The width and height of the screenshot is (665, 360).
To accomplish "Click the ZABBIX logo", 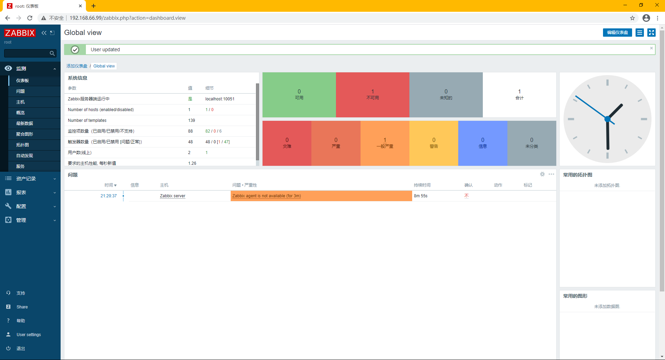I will (x=20, y=33).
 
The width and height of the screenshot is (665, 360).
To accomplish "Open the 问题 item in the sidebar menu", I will (x=20, y=91).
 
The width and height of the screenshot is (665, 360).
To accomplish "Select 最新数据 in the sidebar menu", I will (x=25, y=124).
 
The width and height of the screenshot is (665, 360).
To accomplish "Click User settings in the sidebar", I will (x=28, y=335).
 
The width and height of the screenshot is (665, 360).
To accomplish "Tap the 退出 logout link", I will (x=20, y=349).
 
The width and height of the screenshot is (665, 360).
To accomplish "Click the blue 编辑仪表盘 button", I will (x=617, y=33).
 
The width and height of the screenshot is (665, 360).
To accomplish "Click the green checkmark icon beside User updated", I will (x=75, y=49).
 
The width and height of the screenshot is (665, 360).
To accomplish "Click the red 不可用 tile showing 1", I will (x=372, y=94).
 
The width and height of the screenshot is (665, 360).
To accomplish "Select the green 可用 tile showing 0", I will (x=299, y=94).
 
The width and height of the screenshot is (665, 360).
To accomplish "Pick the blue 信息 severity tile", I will (x=482, y=143).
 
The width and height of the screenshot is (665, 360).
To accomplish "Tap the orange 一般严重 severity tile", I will (x=385, y=143).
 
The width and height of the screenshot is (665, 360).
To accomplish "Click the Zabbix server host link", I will (x=172, y=196).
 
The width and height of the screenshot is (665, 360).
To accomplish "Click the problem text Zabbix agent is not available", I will (x=266, y=196).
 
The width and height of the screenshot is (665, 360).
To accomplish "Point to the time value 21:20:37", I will (x=108, y=196).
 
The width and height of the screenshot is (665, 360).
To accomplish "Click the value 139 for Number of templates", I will (x=192, y=120).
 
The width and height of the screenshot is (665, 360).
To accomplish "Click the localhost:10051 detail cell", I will (x=220, y=99).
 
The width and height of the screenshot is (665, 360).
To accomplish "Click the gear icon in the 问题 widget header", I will (x=542, y=174).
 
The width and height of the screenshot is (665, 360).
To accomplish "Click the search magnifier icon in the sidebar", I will (x=52, y=53).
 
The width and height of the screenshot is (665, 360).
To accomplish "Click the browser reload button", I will (x=30, y=18).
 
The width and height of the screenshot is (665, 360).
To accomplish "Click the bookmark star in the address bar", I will (x=632, y=18).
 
